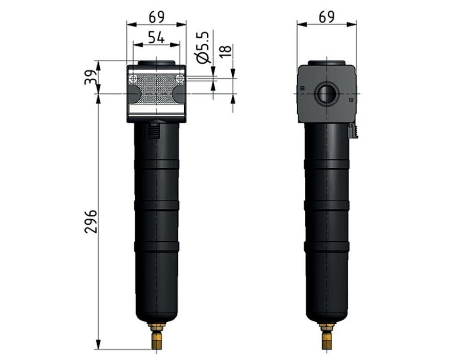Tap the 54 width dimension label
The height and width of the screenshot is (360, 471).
[156, 37]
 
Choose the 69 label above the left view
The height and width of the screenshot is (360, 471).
[156, 17]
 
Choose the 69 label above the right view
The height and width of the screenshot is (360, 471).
[326, 17]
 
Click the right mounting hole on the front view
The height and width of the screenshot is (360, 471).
[179, 78]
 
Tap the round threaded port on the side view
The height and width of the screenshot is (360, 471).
[326, 93]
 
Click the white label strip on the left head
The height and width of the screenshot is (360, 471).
[156, 109]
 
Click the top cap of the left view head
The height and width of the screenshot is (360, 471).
[156, 63]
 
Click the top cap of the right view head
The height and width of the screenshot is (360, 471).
[326, 63]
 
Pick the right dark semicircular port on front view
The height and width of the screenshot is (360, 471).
[179, 93]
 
